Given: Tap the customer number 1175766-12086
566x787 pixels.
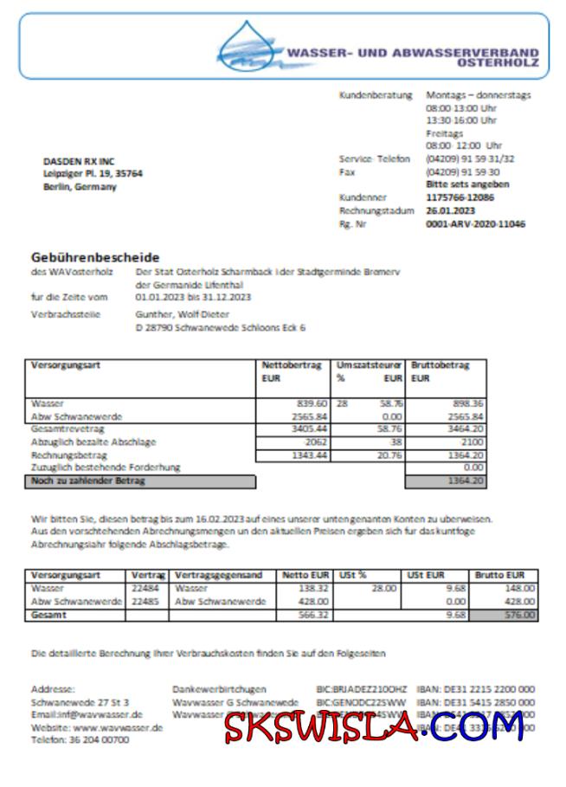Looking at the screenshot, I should pos(460,197).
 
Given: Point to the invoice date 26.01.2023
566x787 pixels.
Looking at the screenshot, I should pos(451,210).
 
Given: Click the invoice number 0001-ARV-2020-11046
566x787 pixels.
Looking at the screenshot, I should pos(475,223).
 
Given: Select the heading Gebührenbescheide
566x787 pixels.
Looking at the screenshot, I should pos(95,257).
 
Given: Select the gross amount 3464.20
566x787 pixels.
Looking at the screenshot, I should pos(466,429).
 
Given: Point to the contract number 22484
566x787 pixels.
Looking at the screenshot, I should pos(145,588).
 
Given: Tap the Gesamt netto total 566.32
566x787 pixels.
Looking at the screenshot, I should pos(312,616).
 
